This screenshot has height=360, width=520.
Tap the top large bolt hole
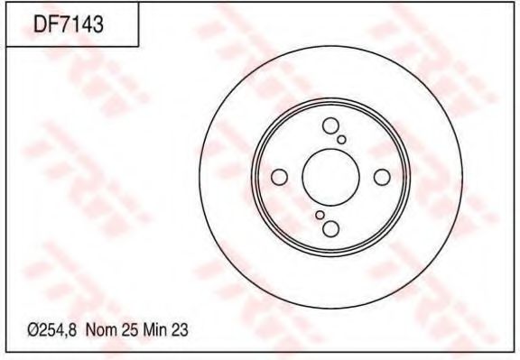(330, 126)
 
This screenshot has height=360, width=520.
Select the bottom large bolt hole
(330, 229)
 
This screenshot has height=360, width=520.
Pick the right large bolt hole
(382, 178)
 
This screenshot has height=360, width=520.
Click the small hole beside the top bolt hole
(341, 140)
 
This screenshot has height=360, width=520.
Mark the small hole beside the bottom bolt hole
(320, 216)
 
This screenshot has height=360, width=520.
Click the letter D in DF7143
(41, 25)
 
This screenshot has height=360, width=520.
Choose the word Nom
(99, 330)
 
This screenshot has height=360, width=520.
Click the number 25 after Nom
(127, 330)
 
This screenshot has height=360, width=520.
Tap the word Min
(153, 330)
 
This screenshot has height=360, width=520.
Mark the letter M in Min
(145, 330)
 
